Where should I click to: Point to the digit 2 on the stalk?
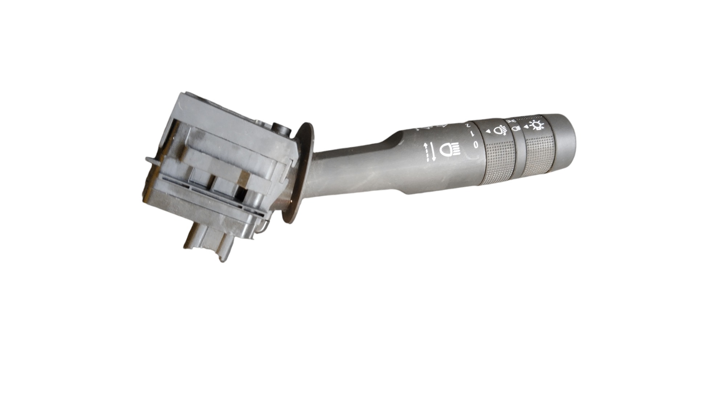(x=468, y=126)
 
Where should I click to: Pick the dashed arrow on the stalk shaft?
(x=426, y=152)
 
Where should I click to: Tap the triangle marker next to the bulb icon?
(x=526, y=127)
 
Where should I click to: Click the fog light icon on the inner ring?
(x=500, y=129)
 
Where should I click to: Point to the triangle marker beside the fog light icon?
(x=489, y=131)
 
